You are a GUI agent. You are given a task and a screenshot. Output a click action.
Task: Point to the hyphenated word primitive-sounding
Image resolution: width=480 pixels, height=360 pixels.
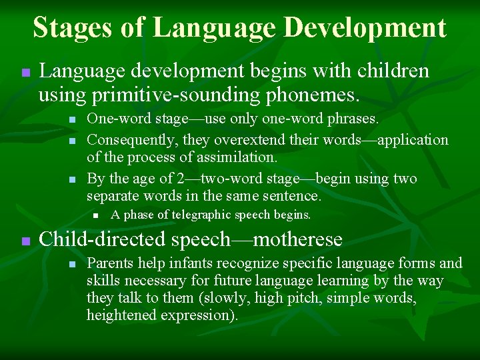(168, 95)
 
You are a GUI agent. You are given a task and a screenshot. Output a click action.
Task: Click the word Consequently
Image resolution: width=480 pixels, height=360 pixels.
(129, 140)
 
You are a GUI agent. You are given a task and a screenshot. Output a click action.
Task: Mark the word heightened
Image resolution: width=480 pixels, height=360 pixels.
(121, 315)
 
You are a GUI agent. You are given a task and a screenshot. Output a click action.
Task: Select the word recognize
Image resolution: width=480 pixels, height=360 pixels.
(245, 263)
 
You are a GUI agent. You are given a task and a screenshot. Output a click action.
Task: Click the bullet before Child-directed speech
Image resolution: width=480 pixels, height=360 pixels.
(25, 241)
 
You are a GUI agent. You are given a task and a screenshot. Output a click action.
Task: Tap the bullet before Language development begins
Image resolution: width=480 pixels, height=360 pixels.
(25, 72)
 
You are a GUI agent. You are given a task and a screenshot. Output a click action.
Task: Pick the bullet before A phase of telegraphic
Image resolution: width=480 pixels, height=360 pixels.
(96, 215)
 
